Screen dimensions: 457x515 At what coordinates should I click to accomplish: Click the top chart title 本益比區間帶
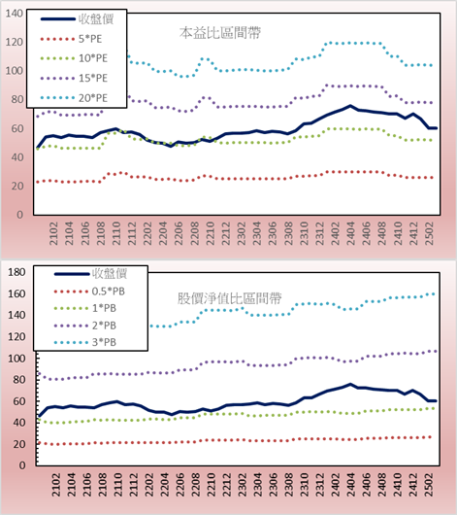pos(220,33)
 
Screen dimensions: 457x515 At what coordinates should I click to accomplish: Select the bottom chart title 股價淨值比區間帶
pos(229,298)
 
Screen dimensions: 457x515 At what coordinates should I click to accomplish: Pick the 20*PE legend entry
pos(74,98)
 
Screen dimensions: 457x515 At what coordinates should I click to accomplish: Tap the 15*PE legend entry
pos(74,78)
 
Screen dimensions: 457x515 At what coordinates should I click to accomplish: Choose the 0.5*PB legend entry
pos(89,292)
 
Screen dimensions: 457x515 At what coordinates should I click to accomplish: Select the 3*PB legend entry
pos(85,342)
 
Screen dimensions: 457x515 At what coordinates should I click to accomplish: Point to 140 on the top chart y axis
pos(15,14)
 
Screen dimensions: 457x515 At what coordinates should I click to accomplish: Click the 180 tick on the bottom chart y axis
pos(16,272)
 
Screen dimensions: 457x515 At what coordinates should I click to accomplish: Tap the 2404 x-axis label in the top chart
pos(350,233)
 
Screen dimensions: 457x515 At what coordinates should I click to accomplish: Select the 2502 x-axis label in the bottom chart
pos(429,485)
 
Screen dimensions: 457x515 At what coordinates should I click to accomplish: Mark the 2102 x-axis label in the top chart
pos(53,233)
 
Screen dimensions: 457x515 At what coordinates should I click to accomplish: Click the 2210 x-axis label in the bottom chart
pos(211,485)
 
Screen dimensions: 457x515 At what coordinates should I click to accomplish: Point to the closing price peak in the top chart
pos(350,106)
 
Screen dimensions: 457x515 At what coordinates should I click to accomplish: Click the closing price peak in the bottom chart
pos(350,384)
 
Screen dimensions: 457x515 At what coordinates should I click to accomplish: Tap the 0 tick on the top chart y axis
pos(19,215)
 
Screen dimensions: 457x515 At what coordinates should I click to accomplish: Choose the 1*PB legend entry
pos(85,308)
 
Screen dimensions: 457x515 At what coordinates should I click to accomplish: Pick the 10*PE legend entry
pos(74,58)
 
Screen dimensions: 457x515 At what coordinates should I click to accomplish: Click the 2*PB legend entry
pos(85,326)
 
